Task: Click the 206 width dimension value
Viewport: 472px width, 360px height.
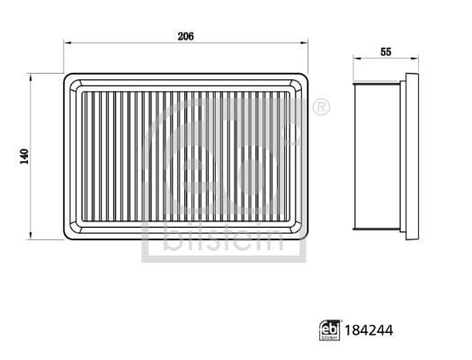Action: [x=186, y=37]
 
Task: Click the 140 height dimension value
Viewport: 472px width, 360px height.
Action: [x=24, y=157]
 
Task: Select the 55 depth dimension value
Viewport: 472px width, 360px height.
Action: [x=386, y=52]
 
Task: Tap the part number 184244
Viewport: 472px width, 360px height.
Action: [x=369, y=330]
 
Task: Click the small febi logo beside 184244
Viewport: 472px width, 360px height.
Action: [x=330, y=330]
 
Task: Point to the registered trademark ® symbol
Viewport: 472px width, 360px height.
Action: [x=321, y=107]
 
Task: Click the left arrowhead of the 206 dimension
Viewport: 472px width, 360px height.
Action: [x=67, y=43]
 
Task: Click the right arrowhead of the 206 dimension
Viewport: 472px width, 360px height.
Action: [x=305, y=43]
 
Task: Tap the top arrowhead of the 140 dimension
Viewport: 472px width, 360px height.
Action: [x=30, y=77]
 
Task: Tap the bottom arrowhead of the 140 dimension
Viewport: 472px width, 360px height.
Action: [x=30, y=236]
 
